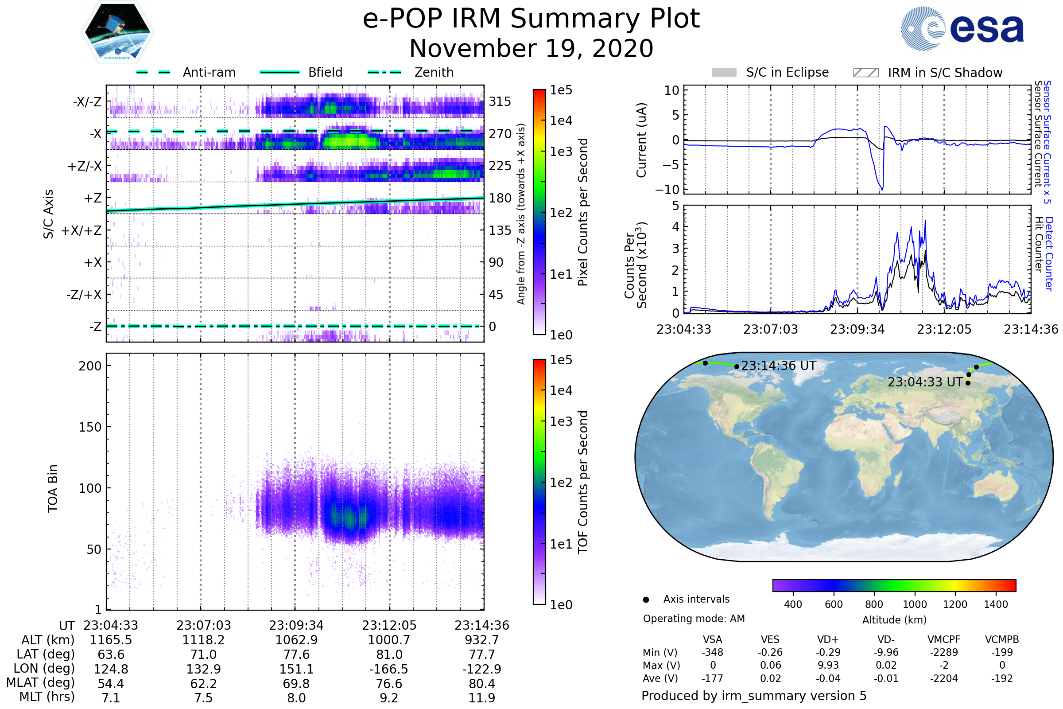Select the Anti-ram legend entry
(186, 72)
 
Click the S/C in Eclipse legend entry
(770, 72)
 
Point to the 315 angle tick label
(500, 101)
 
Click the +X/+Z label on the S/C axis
(81, 230)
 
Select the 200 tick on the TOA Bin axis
(90, 366)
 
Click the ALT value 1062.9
(296, 640)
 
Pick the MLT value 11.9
(482, 697)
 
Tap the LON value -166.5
(389, 669)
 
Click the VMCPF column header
(944, 639)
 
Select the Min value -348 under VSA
(712, 652)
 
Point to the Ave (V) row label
(661, 678)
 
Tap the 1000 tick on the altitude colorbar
(914, 604)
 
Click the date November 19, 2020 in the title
(531, 48)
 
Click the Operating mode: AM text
(694, 619)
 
